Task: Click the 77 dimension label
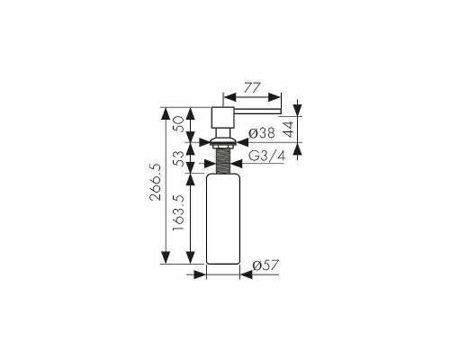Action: point(252,88)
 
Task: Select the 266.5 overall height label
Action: point(156,182)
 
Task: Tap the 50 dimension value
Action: point(178,124)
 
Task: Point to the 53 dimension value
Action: point(178,159)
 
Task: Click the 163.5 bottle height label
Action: point(178,212)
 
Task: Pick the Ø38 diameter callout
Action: point(262,133)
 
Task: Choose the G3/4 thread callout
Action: point(267,156)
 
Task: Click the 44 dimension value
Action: point(288,129)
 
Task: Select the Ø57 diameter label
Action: point(265,265)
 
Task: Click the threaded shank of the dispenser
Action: point(223,161)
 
